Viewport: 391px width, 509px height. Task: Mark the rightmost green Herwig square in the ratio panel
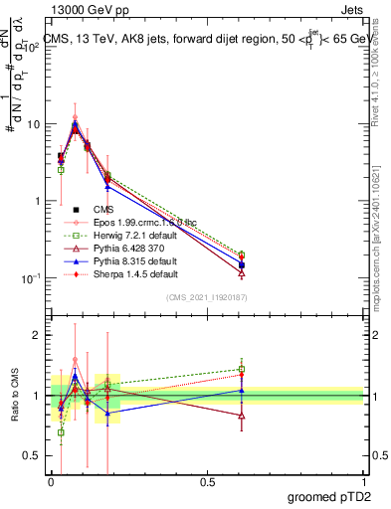point(242,369)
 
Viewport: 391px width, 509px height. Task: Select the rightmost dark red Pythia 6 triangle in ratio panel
point(242,416)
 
